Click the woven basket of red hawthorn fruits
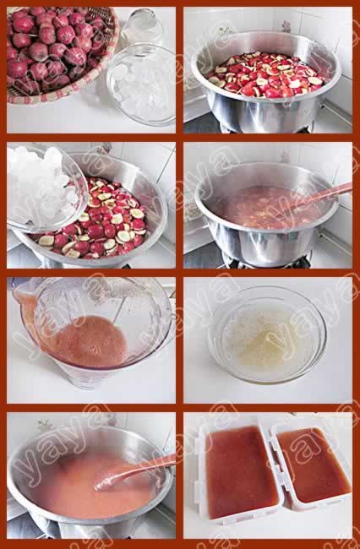(59, 52)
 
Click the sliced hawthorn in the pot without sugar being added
(267, 74)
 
